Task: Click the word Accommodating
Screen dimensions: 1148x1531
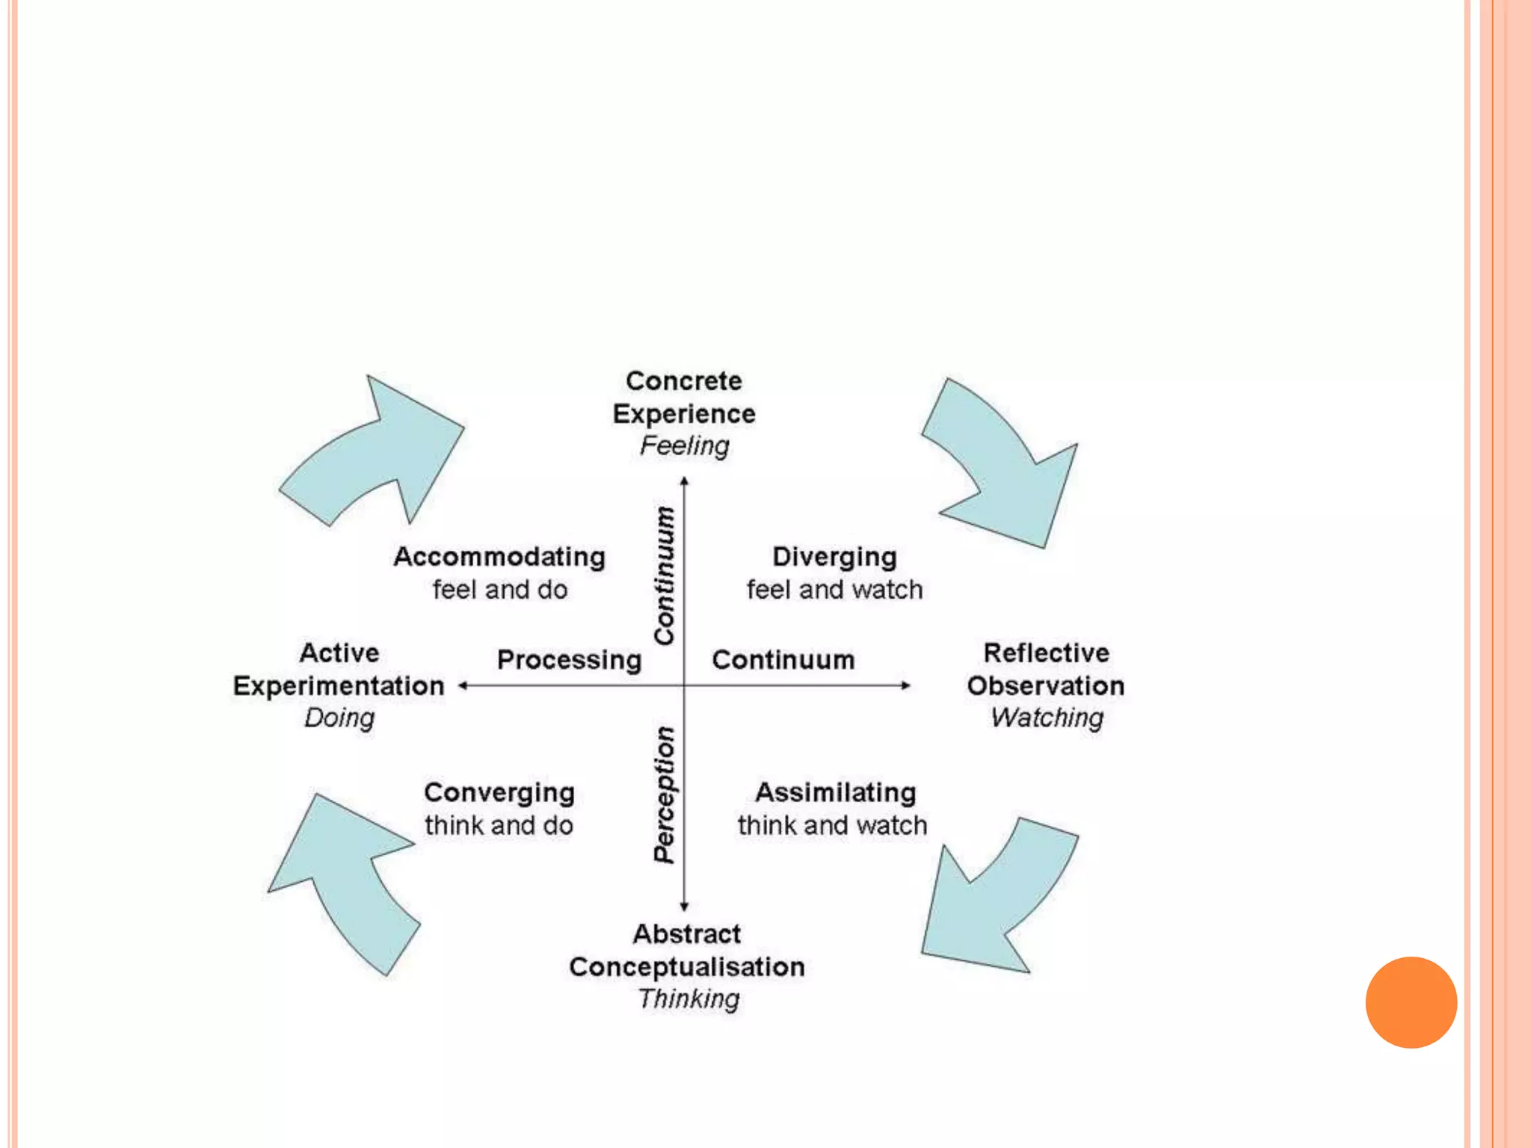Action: pyautogui.click(x=499, y=557)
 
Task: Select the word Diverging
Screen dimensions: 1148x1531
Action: pyautogui.click(x=834, y=557)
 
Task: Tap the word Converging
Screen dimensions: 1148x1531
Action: pyautogui.click(x=499, y=792)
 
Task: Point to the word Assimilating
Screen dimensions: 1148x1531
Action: pyautogui.click(x=835, y=792)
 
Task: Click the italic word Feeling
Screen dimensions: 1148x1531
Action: pyautogui.click(x=684, y=446)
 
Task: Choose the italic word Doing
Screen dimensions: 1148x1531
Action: pyautogui.click(x=339, y=718)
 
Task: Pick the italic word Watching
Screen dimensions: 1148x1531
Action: pyautogui.click(x=1047, y=718)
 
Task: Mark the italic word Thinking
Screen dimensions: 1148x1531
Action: pyautogui.click(x=689, y=999)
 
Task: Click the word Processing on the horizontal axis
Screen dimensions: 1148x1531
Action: pyautogui.click(x=569, y=660)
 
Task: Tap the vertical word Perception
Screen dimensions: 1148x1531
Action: pyautogui.click(x=665, y=794)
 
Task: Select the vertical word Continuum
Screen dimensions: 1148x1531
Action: pyautogui.click(x=665, y=575)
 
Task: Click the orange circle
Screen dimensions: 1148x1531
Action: pyautogui.click(x=1411, y=1002)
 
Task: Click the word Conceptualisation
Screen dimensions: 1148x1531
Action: pyautogui.click(x=686, y=967)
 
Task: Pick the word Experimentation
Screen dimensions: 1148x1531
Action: pyautogui.click(x=339, y=686)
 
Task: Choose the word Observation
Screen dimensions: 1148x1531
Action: pyautogui.click(x=1045, y=686)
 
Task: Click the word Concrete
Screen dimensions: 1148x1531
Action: pyautogui.click(x=684, y=381)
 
